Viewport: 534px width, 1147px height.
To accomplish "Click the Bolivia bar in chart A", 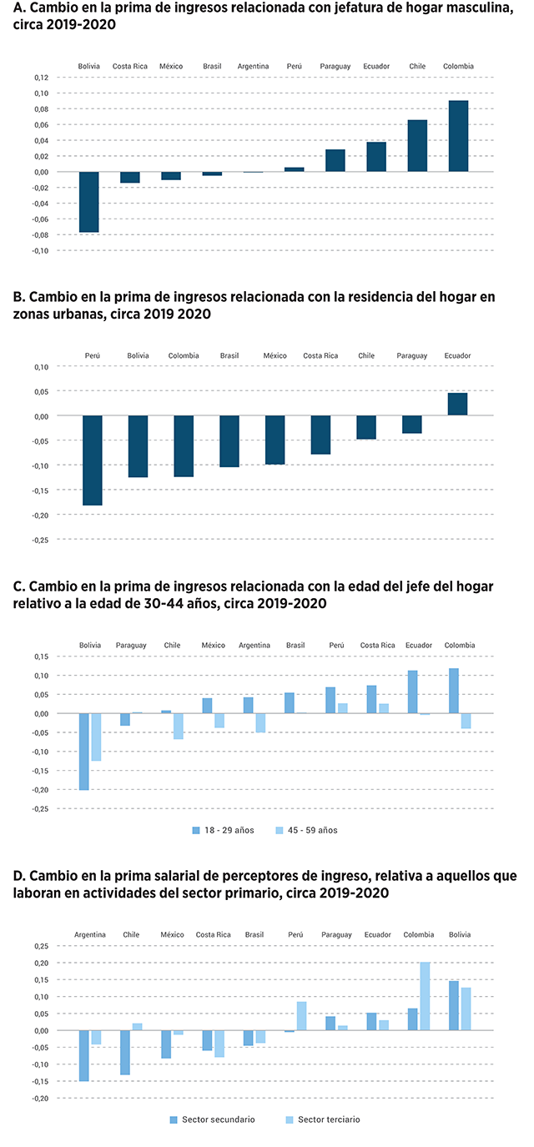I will pos(88,202).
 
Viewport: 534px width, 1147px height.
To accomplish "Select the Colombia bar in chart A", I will pos(458,136).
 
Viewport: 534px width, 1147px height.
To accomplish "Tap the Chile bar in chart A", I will pos(417,146).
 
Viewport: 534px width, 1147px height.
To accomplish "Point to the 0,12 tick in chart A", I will pos(41,78).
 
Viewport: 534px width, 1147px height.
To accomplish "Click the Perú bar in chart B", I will pos(92,460).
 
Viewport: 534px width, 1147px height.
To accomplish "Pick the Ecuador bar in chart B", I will pos(457,404).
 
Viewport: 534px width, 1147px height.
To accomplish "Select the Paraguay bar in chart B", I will pos(411,425).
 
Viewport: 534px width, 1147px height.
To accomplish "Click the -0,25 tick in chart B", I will pos(39,540).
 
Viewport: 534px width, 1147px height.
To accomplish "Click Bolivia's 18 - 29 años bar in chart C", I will pos(83,752).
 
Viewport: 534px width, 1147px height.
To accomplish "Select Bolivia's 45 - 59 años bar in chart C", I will pos(96,737).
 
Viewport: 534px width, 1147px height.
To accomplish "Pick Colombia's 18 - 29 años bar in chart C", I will pos(453,691).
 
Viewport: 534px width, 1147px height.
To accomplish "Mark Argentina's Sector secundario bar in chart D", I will pos(83,1055).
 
